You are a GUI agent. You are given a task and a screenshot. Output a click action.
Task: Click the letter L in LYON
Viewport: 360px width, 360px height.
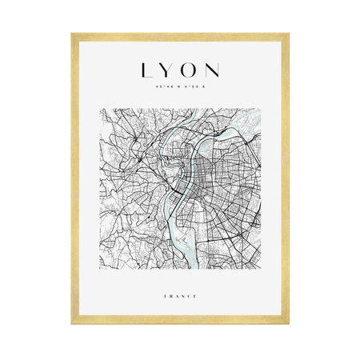[146, 70]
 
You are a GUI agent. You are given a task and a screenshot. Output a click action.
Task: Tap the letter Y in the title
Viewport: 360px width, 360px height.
[166, 70]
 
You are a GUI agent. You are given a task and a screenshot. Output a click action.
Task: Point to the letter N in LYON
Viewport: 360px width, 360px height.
[214, 70]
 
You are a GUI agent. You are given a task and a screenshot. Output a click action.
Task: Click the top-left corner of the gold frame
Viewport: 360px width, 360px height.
[72, 34]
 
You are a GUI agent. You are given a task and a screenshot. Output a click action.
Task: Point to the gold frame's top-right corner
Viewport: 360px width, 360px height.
[288, 34]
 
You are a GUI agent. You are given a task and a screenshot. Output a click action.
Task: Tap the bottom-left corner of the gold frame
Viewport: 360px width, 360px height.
[72, 326]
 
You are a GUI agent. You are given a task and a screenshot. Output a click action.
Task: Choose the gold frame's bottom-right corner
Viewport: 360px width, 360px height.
[288, 326]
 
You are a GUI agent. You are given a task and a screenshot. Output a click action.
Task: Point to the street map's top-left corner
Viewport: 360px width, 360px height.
[103, 108]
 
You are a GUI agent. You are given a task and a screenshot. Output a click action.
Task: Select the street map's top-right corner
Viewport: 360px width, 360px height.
[257, 108]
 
